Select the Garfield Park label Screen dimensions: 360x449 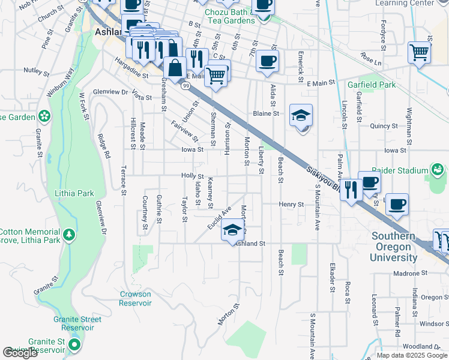[372, 85]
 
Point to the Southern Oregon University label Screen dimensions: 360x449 [394, 247]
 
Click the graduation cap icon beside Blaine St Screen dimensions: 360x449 [301, 114]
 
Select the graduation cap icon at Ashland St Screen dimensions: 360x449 [232, 229]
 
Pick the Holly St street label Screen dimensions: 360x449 [193, 176]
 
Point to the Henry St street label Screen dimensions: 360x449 [292, 205]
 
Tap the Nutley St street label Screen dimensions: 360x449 [36, 71]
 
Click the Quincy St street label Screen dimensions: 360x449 [384, 126]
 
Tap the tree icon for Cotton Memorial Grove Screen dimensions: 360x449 [70, 233]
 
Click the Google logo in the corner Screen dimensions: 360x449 [20, 353]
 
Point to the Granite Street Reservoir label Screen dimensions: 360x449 [74, 323]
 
